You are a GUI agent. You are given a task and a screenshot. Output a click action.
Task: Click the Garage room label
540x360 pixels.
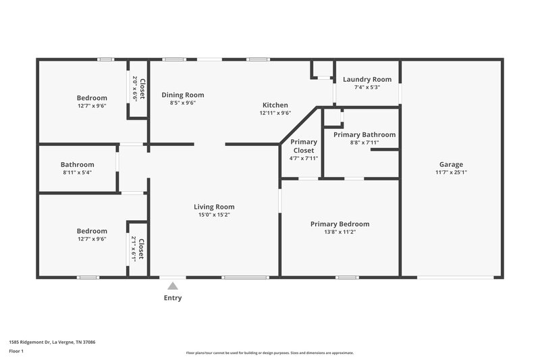451,164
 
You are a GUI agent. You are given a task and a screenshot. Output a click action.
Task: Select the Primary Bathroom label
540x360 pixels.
364,134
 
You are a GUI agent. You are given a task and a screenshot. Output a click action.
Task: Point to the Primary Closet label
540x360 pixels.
303,146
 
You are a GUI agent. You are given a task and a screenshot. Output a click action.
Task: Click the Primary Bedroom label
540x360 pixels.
340,224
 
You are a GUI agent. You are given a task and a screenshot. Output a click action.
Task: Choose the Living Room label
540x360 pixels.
214,207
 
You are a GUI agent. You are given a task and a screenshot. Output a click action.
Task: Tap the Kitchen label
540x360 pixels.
275,105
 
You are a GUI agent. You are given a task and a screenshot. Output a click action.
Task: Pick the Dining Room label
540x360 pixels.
182,95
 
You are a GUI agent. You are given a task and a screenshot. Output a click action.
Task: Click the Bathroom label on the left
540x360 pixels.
77,164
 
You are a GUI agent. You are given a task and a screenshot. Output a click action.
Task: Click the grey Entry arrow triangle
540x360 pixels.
173,286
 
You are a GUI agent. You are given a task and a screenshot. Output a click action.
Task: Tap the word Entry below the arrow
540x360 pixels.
173,298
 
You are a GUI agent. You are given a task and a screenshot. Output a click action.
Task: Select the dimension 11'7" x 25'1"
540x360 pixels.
452,172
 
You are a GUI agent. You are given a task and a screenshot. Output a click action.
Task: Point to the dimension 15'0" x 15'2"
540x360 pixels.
214,215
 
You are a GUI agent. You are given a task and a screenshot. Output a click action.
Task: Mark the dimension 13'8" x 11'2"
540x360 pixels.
340,232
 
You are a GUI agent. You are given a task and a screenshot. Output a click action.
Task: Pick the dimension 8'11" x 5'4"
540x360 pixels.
77,172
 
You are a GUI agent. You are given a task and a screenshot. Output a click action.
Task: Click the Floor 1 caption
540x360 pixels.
16,352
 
